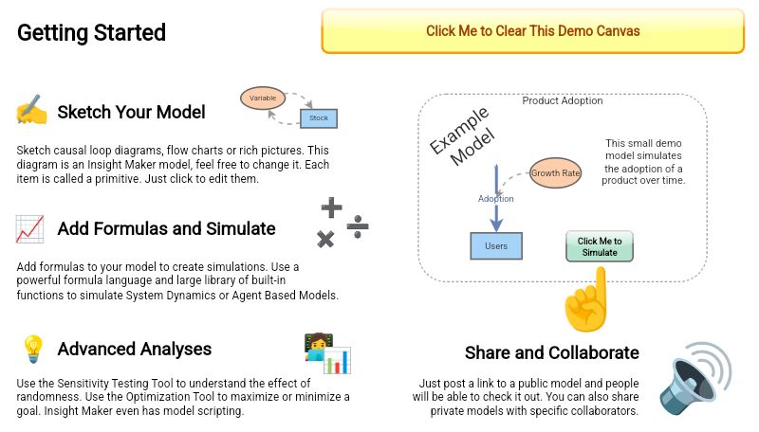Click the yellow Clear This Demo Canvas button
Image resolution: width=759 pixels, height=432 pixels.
pyautogui.click(x=532, y=31)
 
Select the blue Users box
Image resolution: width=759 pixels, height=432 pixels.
pyautogui.click(x=496, y=246)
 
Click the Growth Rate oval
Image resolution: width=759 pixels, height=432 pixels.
pyautogui.click(x=555, y=173)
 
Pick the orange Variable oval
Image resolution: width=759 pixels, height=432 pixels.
pyautogui.click(x=262, y=98)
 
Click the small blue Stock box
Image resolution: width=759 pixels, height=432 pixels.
pyautogui.click(x=319, y=118)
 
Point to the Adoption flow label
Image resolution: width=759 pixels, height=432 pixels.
pyautogui.click(x=495, y=199)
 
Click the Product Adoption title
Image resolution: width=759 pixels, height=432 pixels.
pyautogui.click(x=563, y=100)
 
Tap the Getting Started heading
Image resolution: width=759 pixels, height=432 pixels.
pyautogui.click(x=92, y=33)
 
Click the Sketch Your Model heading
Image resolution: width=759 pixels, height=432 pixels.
pyautogui.click(x=131, y=112)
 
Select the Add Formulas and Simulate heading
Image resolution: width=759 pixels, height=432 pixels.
pyautogui.click(x=166, y=228)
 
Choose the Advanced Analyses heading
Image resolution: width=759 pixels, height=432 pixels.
pyautogui.click(x=134, y=350)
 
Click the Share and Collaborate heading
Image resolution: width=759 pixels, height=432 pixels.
pyautogui.click(x=551, y=352)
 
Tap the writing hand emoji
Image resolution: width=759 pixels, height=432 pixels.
pyautogui.click(x=31, y=112)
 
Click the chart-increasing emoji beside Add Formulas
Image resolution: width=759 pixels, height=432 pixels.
pyautogui.click(x=29, y=228)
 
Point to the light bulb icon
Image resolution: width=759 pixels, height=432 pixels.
pyautogui.click(x=32, y=350)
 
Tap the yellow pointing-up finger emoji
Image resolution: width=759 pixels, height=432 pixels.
pyautogui.click(x=585, y=299)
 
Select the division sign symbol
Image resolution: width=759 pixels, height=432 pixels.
pyautogui.click(x=357, y=225)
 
